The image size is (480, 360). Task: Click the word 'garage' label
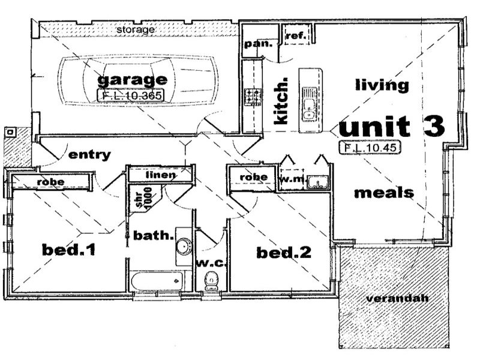[131, 80]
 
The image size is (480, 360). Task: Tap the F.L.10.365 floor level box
[131, 94]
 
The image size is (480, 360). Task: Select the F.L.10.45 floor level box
[368, 145]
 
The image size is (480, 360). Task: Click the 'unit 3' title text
[392, 127]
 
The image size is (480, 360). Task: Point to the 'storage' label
[136, 29]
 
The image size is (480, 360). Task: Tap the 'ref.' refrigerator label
[296, 37]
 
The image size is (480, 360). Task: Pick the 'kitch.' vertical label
[280, 103]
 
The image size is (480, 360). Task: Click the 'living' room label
[381, 85]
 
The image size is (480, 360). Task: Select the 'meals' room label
[383, 193]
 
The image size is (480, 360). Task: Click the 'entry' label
[89, 155]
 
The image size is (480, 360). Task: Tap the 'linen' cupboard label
[160, 175]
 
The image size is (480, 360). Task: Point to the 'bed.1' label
[68, 249]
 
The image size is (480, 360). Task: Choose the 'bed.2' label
[284, 253]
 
